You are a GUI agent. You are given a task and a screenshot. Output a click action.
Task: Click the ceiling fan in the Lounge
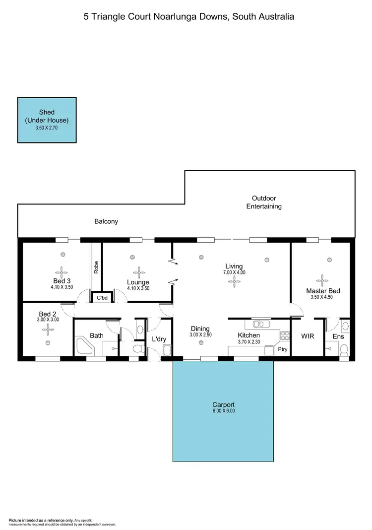pos(138,272)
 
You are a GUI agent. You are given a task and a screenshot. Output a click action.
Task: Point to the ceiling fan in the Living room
pos(233,281)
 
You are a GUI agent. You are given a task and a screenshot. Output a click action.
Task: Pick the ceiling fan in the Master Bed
pos(323,279)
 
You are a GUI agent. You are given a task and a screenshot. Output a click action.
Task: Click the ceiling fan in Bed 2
pos(48,328)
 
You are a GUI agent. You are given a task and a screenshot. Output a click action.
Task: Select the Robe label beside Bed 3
pos(96,267)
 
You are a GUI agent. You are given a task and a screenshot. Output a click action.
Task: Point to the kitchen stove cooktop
pos(285,335)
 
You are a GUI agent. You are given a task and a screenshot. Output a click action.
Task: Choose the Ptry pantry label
pos(283,349)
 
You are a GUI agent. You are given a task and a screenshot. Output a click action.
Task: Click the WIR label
pos(308,336)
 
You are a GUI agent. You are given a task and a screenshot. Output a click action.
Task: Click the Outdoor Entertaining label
pos(264,201)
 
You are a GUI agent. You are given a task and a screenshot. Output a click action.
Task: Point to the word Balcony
pos(106,221)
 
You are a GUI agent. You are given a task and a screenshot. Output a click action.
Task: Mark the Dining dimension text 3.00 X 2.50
pos(200,335)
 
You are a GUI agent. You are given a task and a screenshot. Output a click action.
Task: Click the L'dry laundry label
pos(159,339)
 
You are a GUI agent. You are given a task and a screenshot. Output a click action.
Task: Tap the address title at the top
pos(188,16)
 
